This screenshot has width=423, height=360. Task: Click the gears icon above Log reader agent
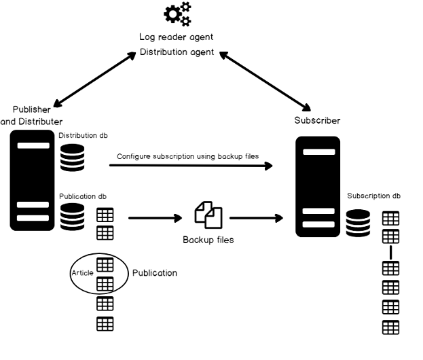click(178, 14)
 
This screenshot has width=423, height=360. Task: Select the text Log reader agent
click(177, 37)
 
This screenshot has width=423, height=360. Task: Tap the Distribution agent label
click(177, 52)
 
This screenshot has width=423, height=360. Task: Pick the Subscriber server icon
click(318, 186)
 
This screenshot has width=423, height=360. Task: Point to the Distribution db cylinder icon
click(72, 158)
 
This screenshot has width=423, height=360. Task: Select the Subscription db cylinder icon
click(358, 223)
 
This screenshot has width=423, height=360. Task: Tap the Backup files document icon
click(208, 215)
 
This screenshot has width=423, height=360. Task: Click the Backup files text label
click(208, 240)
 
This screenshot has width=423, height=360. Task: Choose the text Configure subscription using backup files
click(188, 156)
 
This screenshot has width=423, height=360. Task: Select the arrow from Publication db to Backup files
click(155, 218)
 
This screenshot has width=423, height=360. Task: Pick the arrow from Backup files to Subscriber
click(256, 218)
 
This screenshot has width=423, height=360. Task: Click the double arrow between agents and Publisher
click(94, 79)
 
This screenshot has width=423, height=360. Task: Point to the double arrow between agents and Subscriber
click(265, 79)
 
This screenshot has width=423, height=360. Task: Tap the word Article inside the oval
click(82, 273)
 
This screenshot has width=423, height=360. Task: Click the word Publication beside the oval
click(154, 273)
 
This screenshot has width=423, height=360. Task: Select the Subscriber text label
click(317, 121)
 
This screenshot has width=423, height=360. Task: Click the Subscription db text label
click(374, 196)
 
